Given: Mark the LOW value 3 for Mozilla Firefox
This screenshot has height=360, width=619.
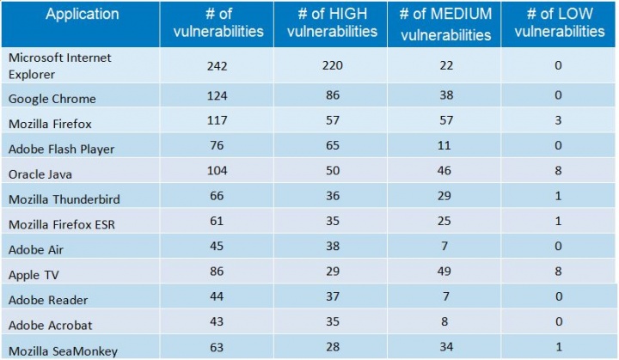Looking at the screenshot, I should point(559,122).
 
